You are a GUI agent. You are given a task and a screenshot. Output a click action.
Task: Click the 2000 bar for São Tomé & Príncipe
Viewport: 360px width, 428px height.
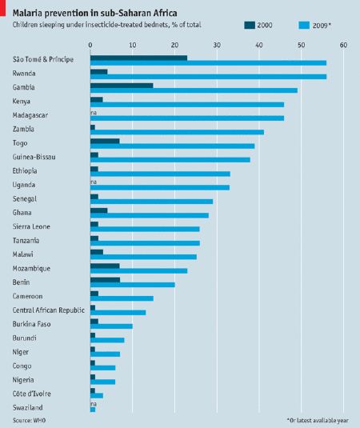click(138, 58)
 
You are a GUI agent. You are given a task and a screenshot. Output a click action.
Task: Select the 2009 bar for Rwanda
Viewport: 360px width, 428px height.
click(208, 77)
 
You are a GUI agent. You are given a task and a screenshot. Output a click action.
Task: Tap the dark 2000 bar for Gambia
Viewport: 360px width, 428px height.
click(122, 86)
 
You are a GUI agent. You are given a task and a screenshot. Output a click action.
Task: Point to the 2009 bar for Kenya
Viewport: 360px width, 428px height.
click(187, 105)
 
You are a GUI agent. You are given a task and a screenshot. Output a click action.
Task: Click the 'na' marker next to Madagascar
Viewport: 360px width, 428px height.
click(94, 113)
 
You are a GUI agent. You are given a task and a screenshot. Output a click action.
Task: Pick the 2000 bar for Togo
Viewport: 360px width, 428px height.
click(105, 141)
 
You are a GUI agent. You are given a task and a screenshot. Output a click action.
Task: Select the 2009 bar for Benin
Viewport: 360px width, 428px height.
click(133, 285)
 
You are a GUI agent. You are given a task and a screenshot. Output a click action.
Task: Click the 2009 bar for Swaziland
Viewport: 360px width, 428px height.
click(93, 410)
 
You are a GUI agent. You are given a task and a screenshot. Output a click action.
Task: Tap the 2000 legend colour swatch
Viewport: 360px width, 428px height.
click(250, 25)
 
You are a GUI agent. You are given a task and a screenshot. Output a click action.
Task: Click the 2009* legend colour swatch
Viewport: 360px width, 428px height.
click(304, 25)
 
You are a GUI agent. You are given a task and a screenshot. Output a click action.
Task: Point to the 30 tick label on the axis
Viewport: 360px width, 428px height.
click(217, 45)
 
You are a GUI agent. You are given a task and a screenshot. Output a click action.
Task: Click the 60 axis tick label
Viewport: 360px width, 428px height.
click(344, 45)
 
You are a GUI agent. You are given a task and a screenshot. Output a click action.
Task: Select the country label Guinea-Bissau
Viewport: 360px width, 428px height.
click(34, 157)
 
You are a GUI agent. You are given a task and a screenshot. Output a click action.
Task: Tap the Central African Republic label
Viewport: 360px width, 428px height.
click(49, 310)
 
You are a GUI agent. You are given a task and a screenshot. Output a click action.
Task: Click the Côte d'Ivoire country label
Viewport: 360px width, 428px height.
click(32, 394)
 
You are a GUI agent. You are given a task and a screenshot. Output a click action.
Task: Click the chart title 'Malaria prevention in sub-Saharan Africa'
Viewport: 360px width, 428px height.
click(94, 13)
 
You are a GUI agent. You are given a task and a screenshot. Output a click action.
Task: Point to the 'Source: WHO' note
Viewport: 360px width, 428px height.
click(30, 420)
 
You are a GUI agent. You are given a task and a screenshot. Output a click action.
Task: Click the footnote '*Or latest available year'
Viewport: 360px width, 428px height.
click(318, 420)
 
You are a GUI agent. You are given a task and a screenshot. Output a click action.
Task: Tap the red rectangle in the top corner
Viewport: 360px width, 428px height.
click(2, 8)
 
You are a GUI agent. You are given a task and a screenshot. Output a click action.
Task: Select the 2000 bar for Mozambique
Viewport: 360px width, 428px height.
click(105, 266)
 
